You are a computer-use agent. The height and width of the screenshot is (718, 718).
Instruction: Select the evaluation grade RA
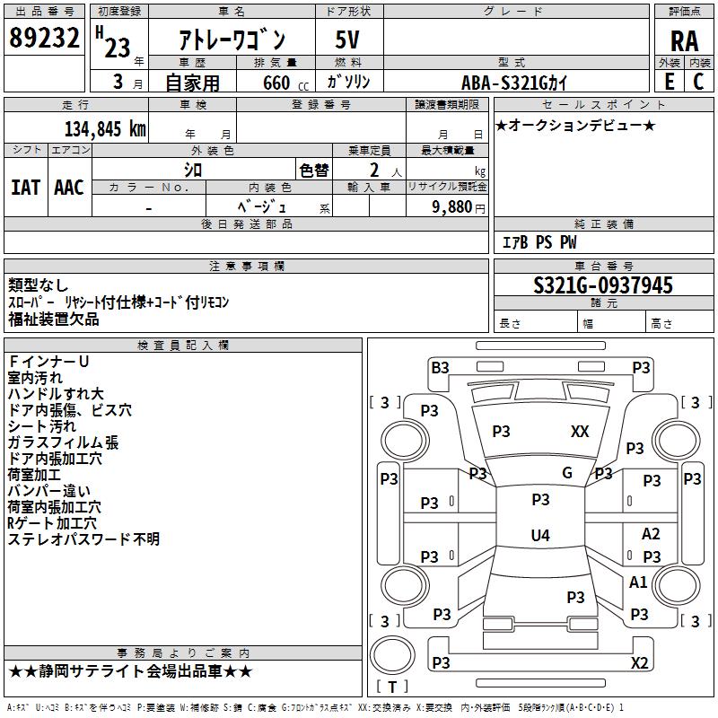684,40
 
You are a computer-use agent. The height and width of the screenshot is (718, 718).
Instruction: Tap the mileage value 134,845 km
105,128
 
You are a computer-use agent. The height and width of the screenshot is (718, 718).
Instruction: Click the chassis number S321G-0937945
603,285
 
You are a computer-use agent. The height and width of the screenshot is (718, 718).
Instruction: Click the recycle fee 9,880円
458,206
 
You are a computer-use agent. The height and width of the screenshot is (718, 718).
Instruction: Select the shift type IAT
25,187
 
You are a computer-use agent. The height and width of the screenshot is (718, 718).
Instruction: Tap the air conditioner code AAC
69,187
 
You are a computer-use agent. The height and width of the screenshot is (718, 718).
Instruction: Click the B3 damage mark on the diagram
440,367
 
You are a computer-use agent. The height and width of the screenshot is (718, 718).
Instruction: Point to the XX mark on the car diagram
580,432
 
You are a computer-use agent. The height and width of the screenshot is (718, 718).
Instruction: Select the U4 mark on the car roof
539,536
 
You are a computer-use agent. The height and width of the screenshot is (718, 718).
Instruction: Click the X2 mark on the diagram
639,662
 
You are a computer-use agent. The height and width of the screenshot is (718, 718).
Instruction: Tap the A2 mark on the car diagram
651,534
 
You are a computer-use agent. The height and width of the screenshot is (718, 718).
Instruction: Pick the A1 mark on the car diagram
638,582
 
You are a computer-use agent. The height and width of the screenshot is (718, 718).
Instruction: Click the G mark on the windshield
567,473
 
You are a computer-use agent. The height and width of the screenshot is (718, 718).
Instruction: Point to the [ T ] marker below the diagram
392,687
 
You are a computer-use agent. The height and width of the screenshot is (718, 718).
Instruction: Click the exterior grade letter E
669,82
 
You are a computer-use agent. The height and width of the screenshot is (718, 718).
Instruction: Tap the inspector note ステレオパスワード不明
83,539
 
